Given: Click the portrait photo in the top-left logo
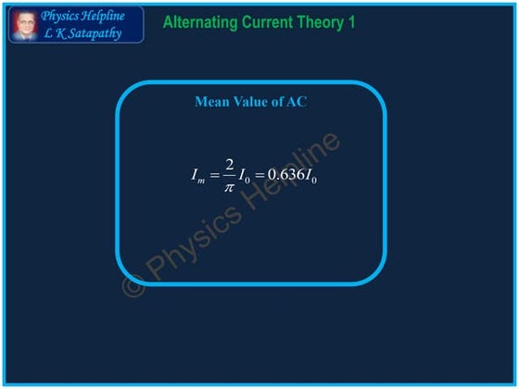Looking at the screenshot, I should click(x=23, y=25).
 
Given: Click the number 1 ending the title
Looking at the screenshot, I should click(x=351, y=21).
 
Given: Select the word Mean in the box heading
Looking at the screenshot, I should click(x=210, y=102).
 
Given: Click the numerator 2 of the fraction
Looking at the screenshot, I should click(x=229, y=164).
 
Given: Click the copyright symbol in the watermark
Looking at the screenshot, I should click(x=134, y=285).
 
